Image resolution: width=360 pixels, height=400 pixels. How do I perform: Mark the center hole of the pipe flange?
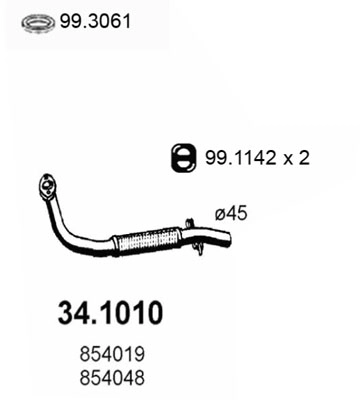[47, 185]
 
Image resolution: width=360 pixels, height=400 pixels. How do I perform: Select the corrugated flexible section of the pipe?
[146, 240]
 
